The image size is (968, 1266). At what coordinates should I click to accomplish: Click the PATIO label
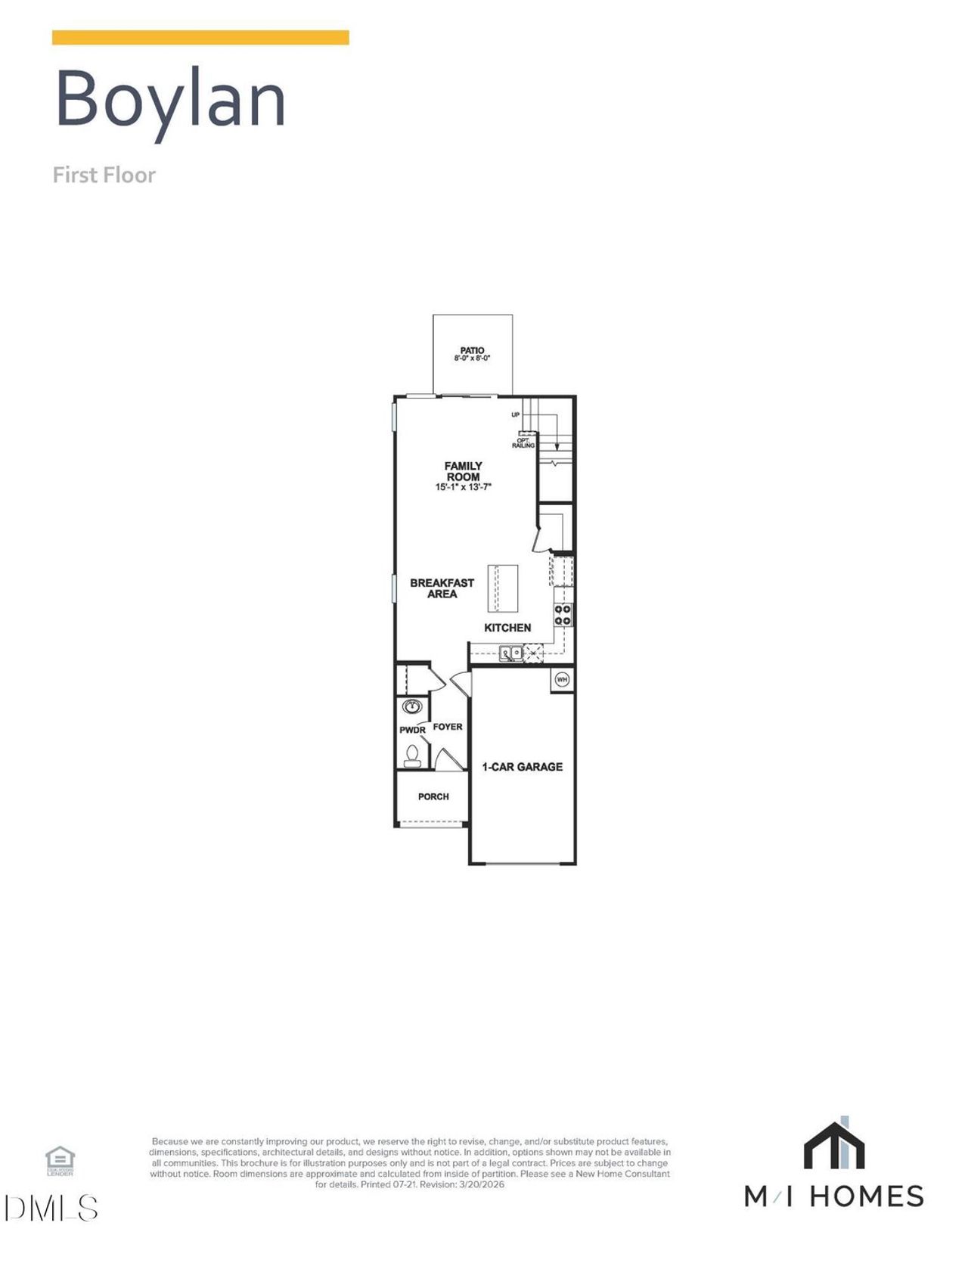(472, 350)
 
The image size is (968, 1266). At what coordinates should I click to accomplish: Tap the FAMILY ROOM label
(463, 471)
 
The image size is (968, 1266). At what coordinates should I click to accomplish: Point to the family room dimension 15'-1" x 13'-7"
(463, 488)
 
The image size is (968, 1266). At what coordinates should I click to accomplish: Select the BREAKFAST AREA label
(442, 588)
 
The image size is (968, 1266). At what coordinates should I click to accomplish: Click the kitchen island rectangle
(503, 588)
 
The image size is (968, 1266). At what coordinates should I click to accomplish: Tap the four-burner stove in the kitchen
(563, 614)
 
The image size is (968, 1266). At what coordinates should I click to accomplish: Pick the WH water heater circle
(562, 679)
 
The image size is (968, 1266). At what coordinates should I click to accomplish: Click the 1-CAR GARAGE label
(522, 767)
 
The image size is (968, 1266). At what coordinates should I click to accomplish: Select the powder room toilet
(412, 755)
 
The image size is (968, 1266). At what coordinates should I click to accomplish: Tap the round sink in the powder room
(411, 706)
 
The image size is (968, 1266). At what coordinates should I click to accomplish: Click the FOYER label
(447, 727)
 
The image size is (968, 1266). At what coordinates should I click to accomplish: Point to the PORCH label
(433, 796)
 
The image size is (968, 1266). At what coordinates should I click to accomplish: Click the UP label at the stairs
(516, 414)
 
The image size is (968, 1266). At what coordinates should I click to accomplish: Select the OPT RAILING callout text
(523, 443)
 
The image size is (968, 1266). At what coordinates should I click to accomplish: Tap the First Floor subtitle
(104, 175)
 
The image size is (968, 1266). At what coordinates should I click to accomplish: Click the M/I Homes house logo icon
(833, 1143)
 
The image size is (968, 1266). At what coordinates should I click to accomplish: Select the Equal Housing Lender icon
(60, 1160)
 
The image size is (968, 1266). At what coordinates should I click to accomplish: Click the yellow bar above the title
(200, 38)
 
